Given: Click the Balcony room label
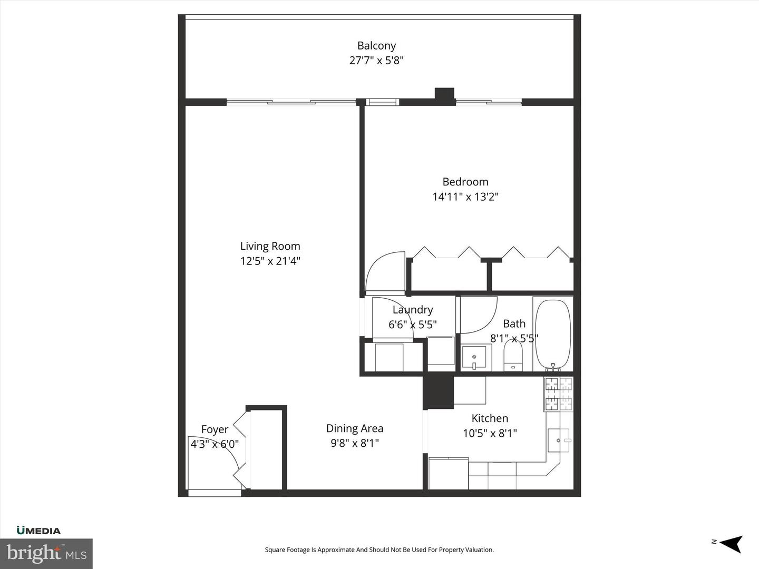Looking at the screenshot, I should click(376, 46).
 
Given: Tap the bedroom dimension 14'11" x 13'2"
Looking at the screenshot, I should click(465, 197).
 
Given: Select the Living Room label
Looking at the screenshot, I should click(270, 246).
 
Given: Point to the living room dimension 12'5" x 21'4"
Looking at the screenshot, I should click(270, 261).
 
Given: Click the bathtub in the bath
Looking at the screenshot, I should click(553, 335).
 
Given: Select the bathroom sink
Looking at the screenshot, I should click(474, 357).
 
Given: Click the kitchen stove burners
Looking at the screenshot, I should click(558, 394).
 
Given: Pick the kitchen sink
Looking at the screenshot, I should click(558, 440).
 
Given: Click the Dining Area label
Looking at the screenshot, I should click(354, 428).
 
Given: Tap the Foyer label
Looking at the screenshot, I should click(215, 429).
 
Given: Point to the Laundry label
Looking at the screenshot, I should click(413, 310).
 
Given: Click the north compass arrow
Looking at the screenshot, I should click(731, 543).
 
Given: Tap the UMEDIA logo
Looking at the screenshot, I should click(38, 531).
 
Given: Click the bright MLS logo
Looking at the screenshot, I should click(46, 553).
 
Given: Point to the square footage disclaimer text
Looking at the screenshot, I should click(379, 550).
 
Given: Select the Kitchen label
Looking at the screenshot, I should click(490, 418).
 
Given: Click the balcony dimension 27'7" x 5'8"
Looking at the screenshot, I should click(376, 60).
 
